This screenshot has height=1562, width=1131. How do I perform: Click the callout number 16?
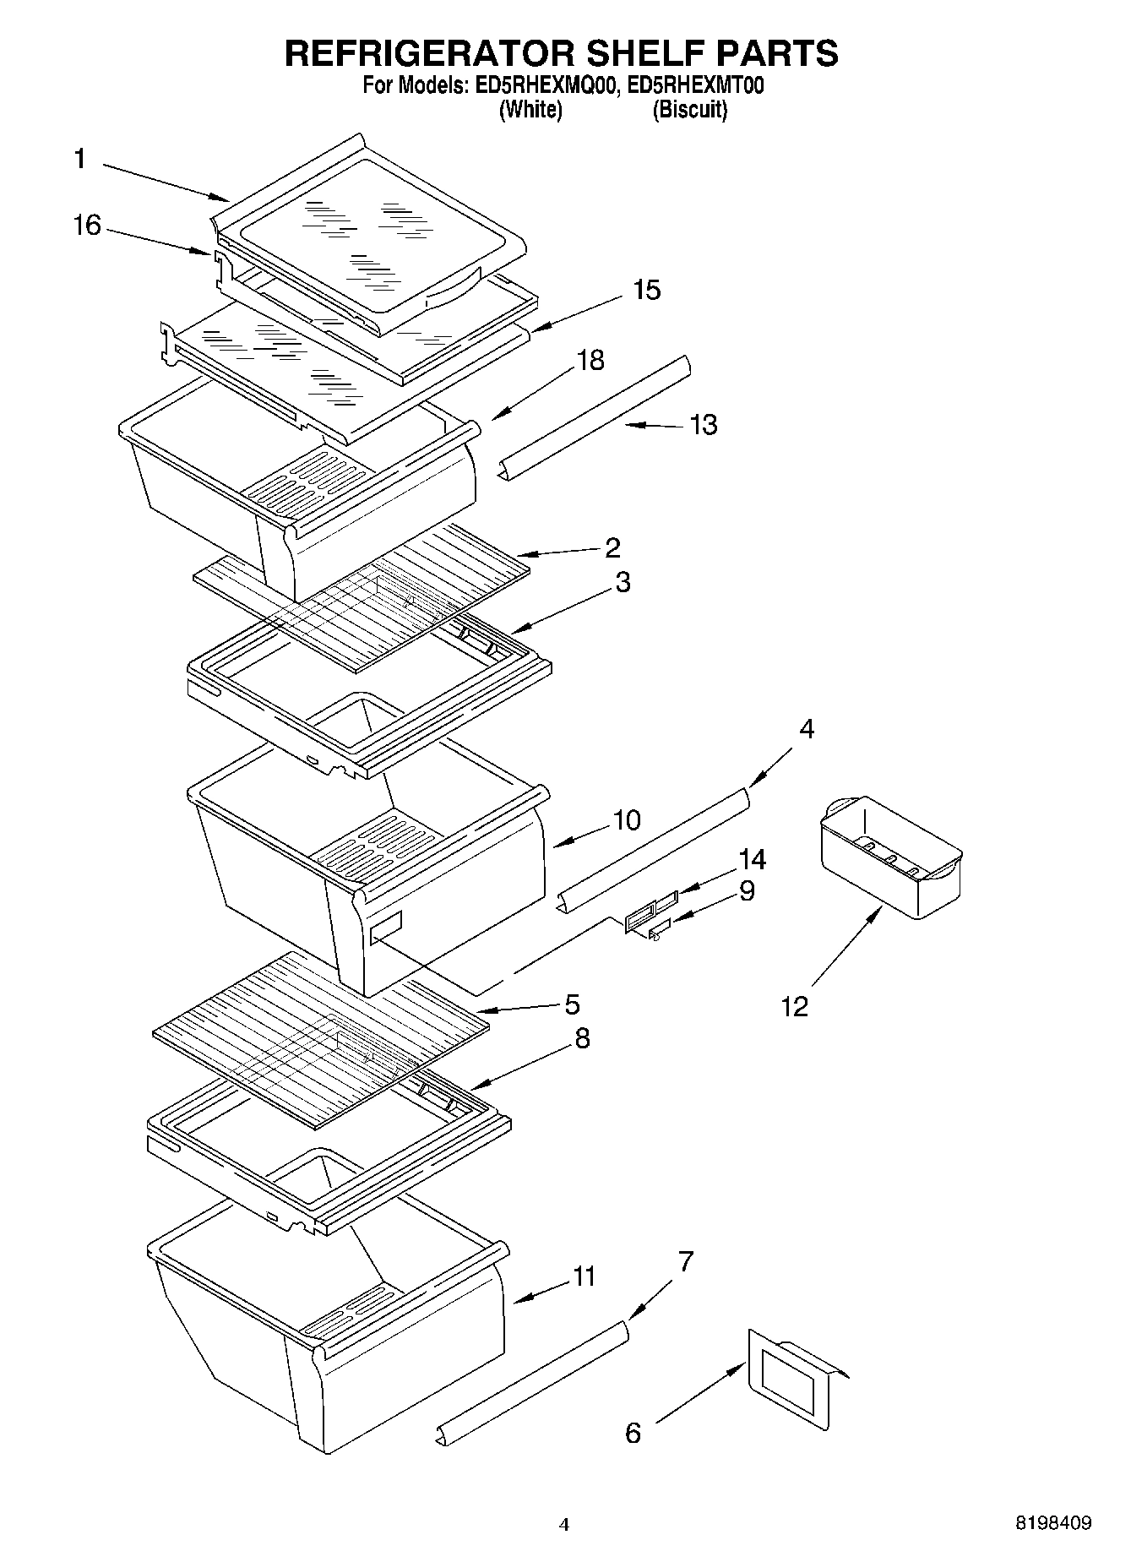click(87, 226)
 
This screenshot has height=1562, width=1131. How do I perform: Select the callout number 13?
click(703, 424)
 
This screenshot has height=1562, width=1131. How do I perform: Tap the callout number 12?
click(794, 1006)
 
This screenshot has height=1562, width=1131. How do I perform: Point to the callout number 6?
click(633, 1433)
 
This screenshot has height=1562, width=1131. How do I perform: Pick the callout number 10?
click(626, 819)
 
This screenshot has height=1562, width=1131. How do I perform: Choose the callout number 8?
click(582, 1038)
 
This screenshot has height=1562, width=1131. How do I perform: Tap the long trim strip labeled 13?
click(596, 417)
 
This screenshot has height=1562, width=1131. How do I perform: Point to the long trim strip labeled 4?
click(655, 849)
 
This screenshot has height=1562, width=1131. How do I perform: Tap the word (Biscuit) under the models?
click(689, 110)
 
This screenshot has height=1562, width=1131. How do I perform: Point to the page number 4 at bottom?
click(564, 1525)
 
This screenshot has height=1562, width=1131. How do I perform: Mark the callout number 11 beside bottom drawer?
click(584, 1276)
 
